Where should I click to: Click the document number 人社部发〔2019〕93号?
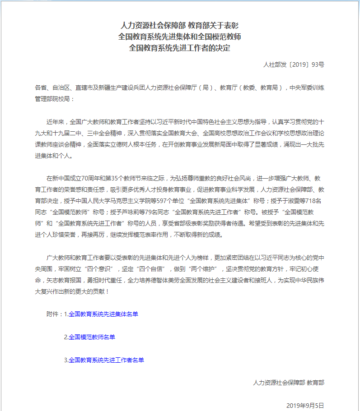(x=294, y=65)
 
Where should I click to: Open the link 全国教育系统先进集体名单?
(x=103, y=314)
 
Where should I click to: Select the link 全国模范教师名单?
(x=92, y=337)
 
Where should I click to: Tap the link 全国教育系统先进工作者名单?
(x=106, y=360)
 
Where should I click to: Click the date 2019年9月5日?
(x=305, y=405)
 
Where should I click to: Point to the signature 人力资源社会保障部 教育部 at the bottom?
(x=289, y=383)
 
